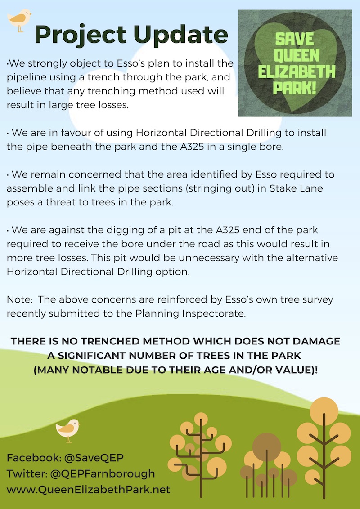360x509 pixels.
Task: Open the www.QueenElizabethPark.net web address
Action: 88,489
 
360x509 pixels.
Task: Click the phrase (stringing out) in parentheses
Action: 208,188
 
